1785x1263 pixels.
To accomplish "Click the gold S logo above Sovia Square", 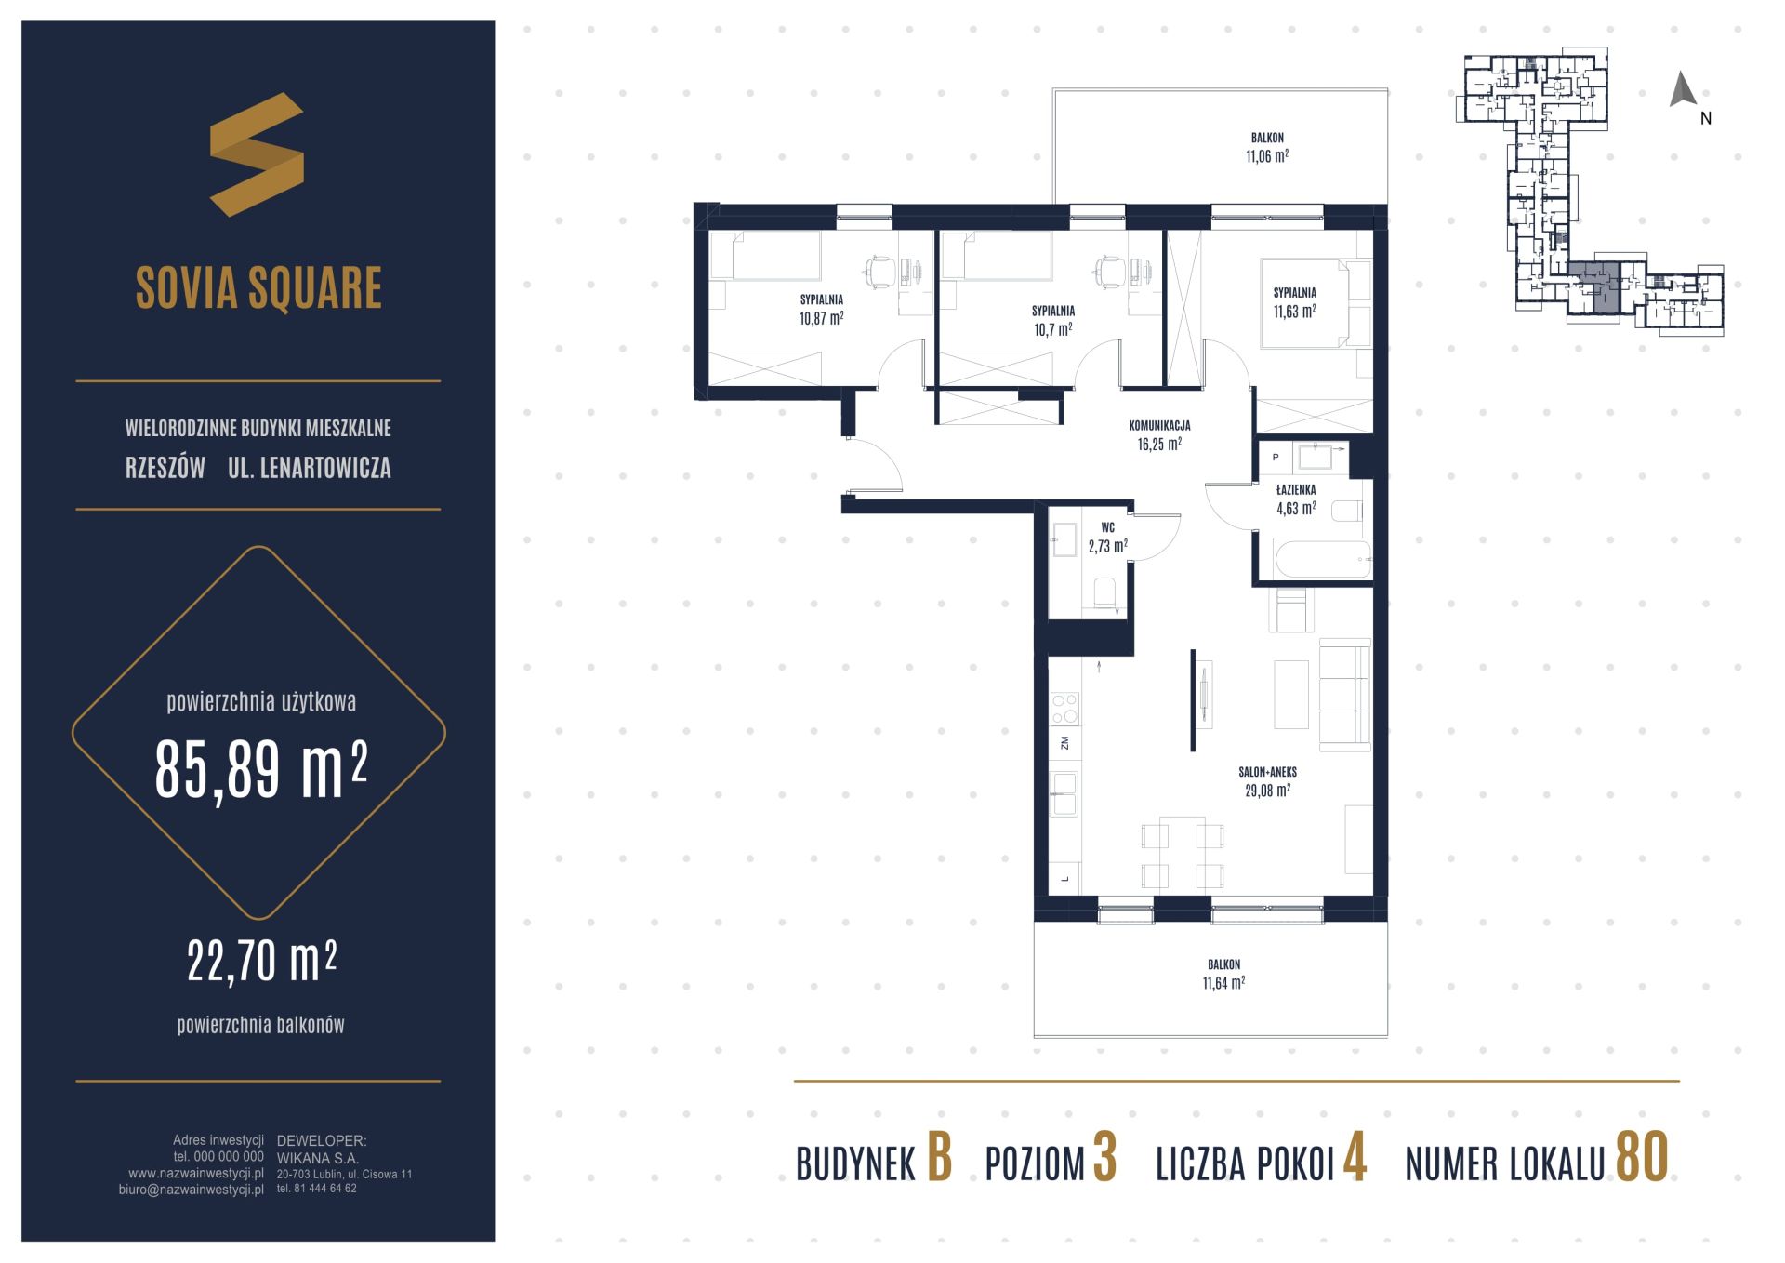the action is pyautogui.click(x=257, y=154).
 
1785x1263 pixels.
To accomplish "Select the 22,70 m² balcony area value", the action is pyautogui.click(x=261, y=961).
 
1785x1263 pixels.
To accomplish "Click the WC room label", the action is pyautogui.click(x=1107, y=538).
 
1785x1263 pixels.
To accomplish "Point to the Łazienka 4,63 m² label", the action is pyautogui.click(x=1295, y=499).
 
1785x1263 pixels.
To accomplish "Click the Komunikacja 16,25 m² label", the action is pyautogui.click(x=1159, y=434).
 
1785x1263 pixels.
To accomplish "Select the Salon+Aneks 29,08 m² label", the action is pyautogui.click(x=1267, y=781).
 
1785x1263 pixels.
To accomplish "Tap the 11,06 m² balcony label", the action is pyautogui.click(x=1267, y=147).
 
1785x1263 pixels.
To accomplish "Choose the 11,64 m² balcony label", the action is pyautogui.click(x=1223, y=974).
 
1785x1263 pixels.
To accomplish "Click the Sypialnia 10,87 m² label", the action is pyautogui.click(x=821, y=309).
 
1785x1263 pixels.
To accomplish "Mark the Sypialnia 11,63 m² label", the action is pyautogui.click(x=1295, y=301).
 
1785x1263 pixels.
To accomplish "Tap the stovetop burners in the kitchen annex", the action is pyautogui.click(x=1064, y=709).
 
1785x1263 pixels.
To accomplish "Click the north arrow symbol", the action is pyautogui.click(x=1683, y=89).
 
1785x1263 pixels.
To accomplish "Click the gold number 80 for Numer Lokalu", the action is pyautogui.click(x=1642, y=1157).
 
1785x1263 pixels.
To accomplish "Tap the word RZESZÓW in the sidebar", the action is pyautogui.click(x=165, y=468).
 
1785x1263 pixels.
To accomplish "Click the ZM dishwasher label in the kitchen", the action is pyautogui.click(x=1064, y=742).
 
